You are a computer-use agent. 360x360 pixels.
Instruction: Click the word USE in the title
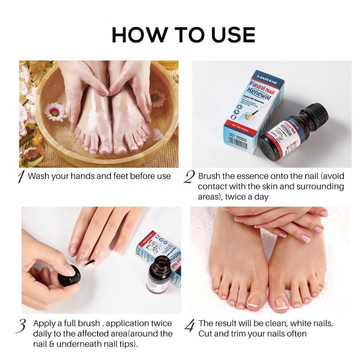tap(229, 35)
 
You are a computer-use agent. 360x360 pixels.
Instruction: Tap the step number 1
tap(20, 177)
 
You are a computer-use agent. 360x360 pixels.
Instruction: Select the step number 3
tap(21, 325)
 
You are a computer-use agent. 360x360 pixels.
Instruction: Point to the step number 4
tap(190, 325)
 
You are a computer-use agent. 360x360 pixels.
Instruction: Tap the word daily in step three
tap(44, 333)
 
